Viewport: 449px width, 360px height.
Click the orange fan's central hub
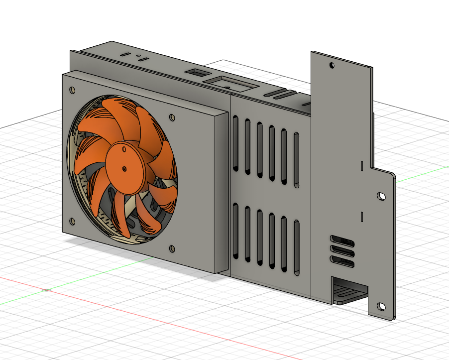coord(124,167)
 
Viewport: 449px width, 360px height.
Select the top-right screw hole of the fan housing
coord(172,118)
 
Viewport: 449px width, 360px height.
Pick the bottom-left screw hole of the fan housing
coord(72,221)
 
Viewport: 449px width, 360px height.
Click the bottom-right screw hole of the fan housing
coord(172,248)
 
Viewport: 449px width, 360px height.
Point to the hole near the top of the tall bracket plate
coord(332,65)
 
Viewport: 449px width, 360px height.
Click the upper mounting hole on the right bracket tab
coord(381,196)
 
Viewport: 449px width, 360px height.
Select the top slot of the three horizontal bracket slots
coord(342,241)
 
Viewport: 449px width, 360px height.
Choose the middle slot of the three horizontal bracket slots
coord(342,250)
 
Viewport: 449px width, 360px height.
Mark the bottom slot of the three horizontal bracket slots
coord(342,260)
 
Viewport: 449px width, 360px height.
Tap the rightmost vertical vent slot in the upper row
coord(297,160)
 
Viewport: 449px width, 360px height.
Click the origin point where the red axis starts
coord(46,290)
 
